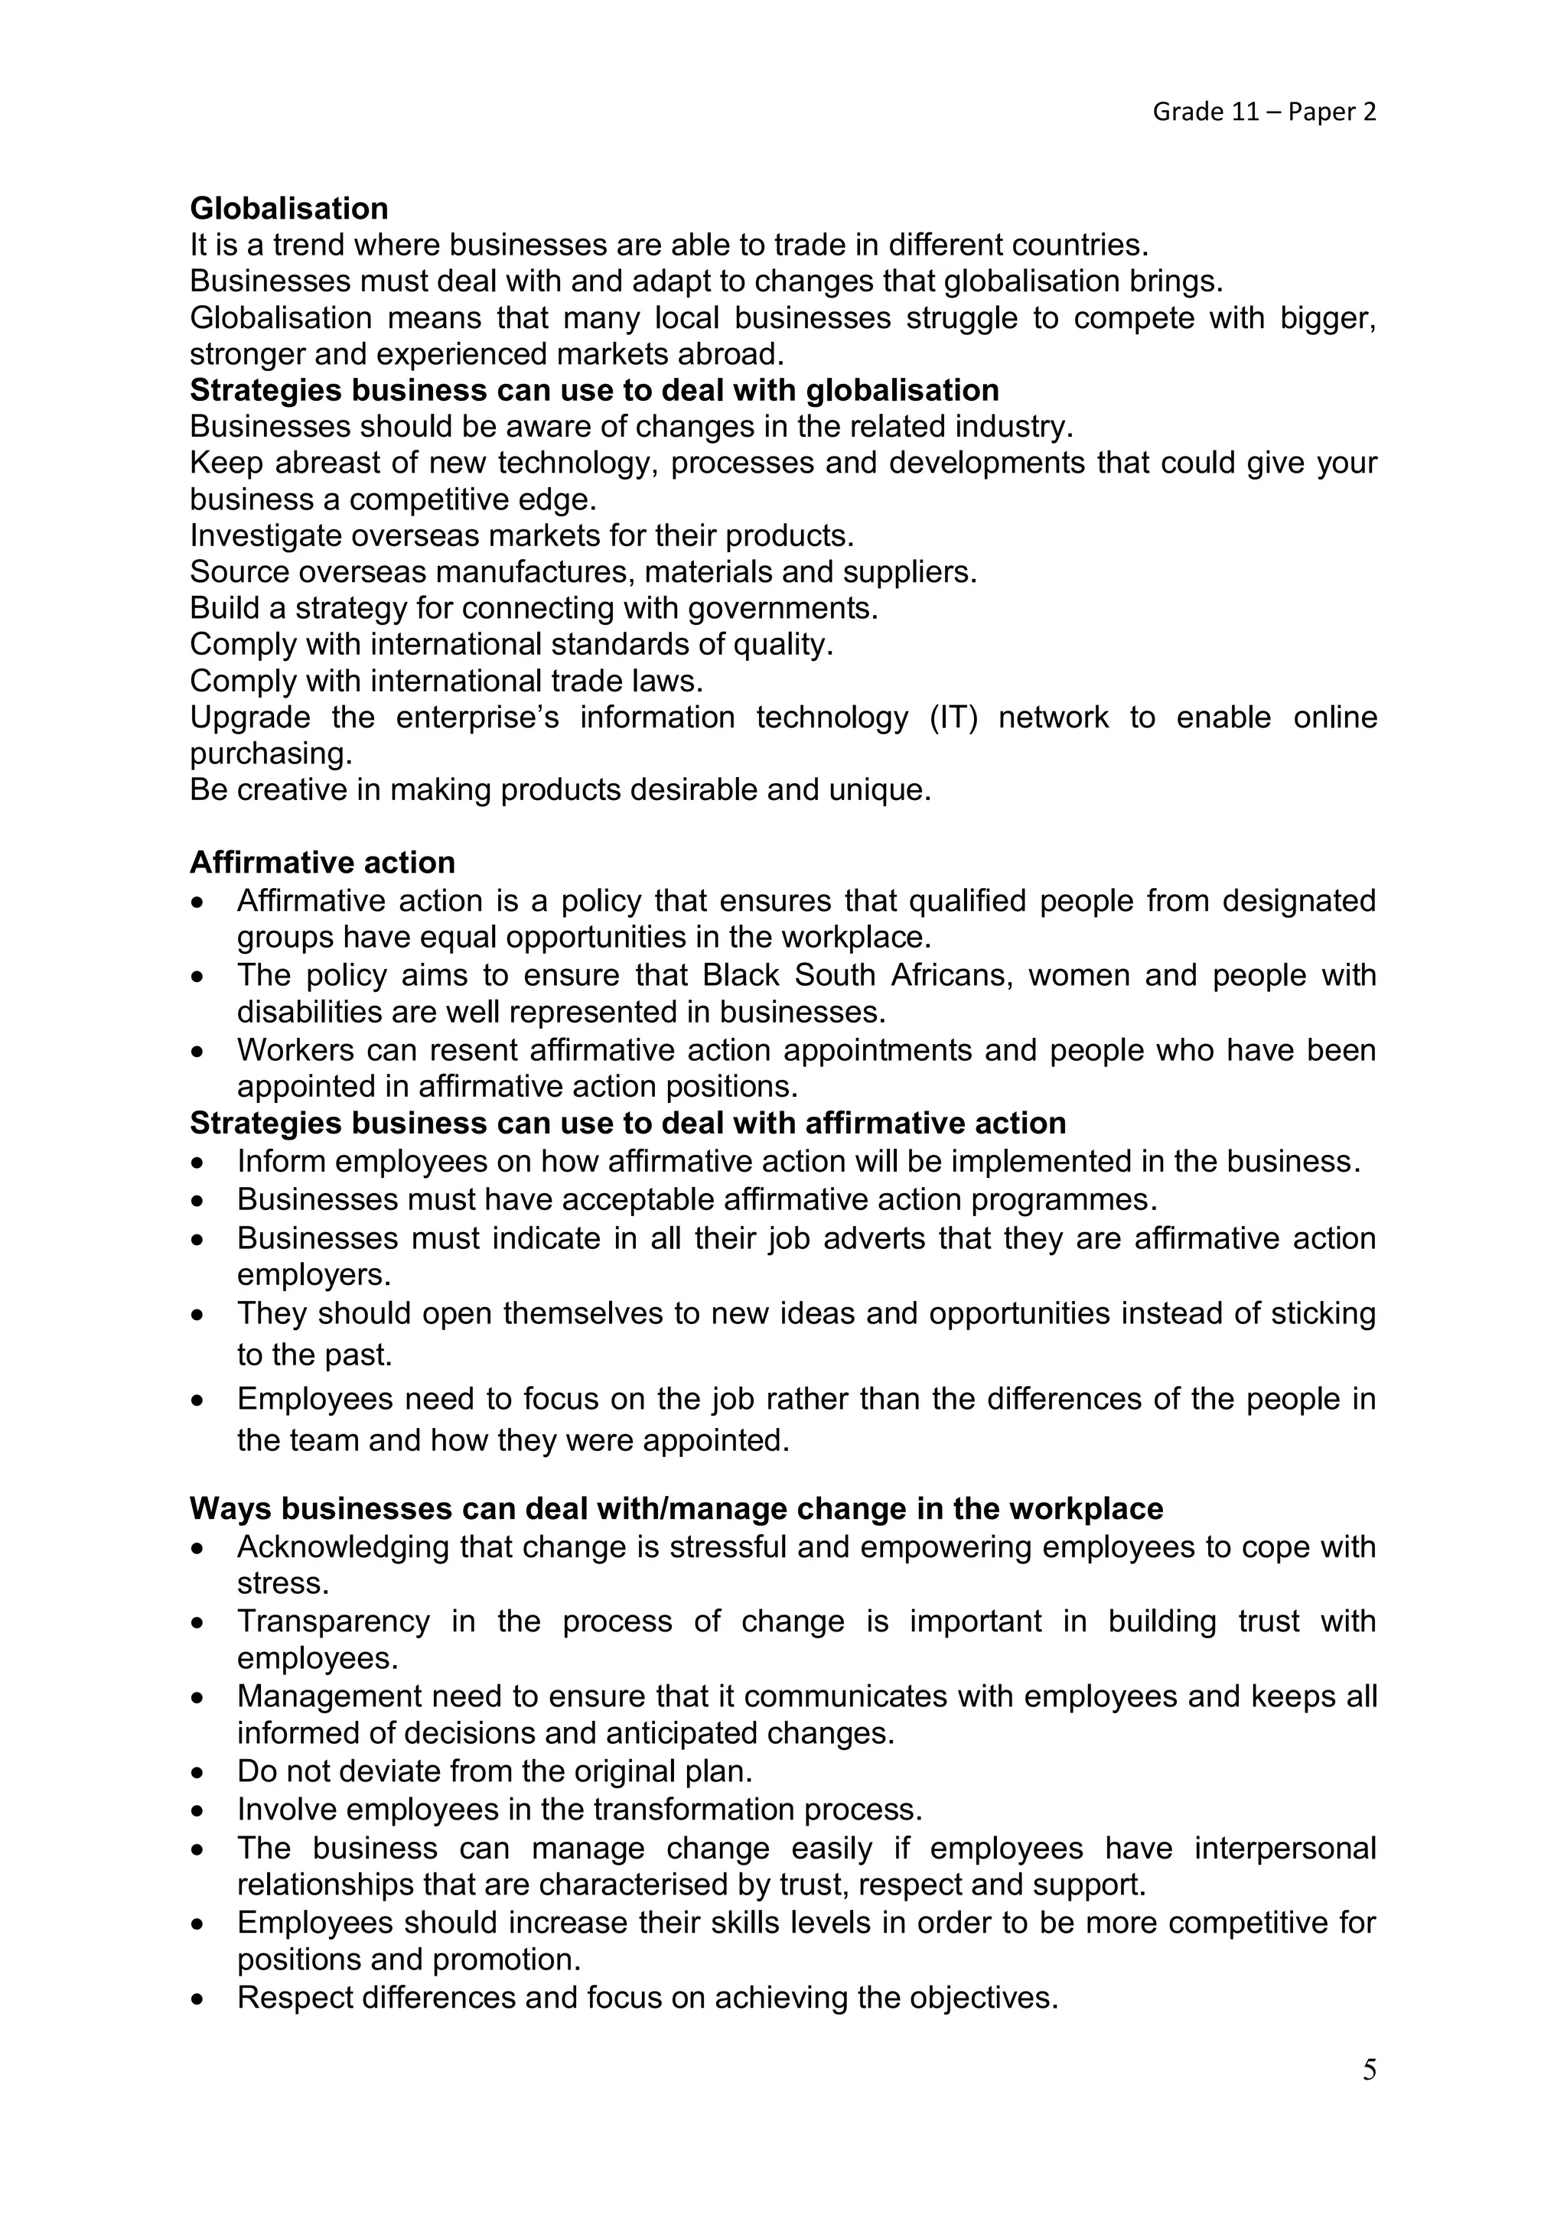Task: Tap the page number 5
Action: point(1369,2070)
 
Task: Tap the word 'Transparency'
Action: point(333,1621)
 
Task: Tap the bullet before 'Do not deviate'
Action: point(198,1773)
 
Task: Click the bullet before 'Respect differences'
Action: point(198,1999)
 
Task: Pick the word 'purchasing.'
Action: point(270,753)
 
